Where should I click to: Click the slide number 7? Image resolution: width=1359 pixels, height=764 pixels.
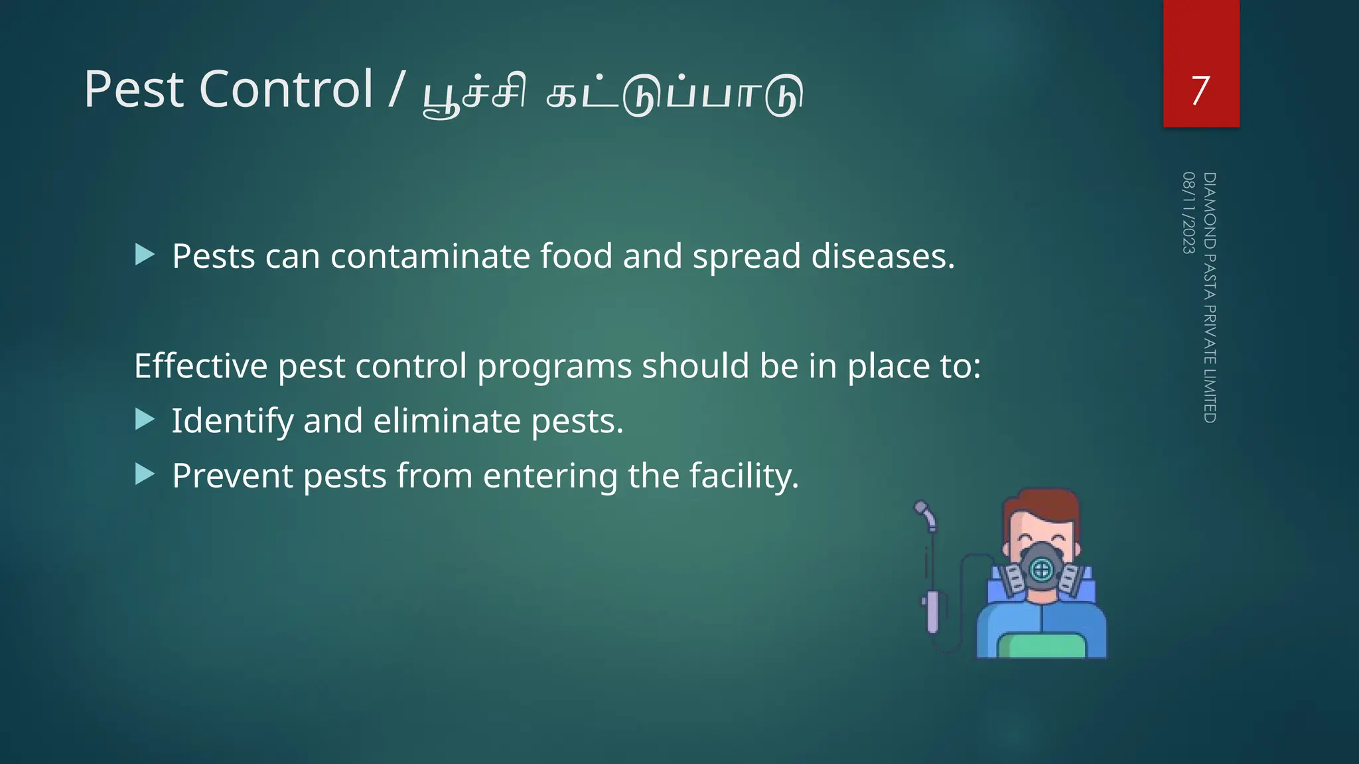(x=1200, y=90)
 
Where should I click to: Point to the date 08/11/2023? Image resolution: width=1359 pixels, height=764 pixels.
(x=1188, y=212)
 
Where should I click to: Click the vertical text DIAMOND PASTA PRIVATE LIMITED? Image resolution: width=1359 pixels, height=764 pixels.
(x=1210, y=297)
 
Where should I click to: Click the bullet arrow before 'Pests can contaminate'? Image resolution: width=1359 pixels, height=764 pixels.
(x=145, y=255)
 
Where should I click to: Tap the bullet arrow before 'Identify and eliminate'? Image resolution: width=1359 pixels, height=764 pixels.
(x=145, y=419)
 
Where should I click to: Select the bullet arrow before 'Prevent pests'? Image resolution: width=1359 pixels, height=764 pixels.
(x=145, y=474)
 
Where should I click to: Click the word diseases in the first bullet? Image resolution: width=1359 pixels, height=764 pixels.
(x=883, y=256)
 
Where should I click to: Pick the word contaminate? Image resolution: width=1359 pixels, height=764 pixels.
(x=430, y=256)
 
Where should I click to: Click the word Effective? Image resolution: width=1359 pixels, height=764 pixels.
(x=200, y=365)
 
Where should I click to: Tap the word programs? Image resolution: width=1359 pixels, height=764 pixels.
(x=554, y=367)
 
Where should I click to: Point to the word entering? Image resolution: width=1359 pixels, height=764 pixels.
(x=550, y=476)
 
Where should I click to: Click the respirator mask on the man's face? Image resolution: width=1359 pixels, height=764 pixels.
(x=1041, y=568)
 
